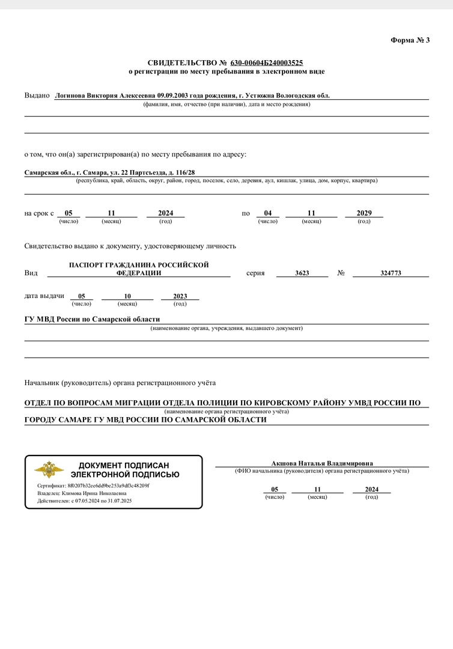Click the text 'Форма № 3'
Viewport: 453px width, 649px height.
tap(410, 40)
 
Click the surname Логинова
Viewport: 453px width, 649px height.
tap(71, 96)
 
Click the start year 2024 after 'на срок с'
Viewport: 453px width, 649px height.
tap(165, 213)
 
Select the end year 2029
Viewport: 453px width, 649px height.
tap(364, 213)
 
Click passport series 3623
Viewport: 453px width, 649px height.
tap(302, 273)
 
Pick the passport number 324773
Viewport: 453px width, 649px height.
tap(391, 273)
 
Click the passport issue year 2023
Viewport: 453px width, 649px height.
tap(180, 296)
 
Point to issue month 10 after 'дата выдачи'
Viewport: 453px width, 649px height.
tap(127, 296)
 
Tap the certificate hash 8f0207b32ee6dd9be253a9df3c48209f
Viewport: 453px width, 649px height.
tap(109, 485)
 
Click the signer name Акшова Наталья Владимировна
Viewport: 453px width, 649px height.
tap(322, 463)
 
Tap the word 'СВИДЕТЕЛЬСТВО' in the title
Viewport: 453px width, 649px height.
tap(178, 62)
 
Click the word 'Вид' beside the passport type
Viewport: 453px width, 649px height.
tap(31, 273)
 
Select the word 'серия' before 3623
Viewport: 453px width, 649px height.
tap(255, 273)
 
